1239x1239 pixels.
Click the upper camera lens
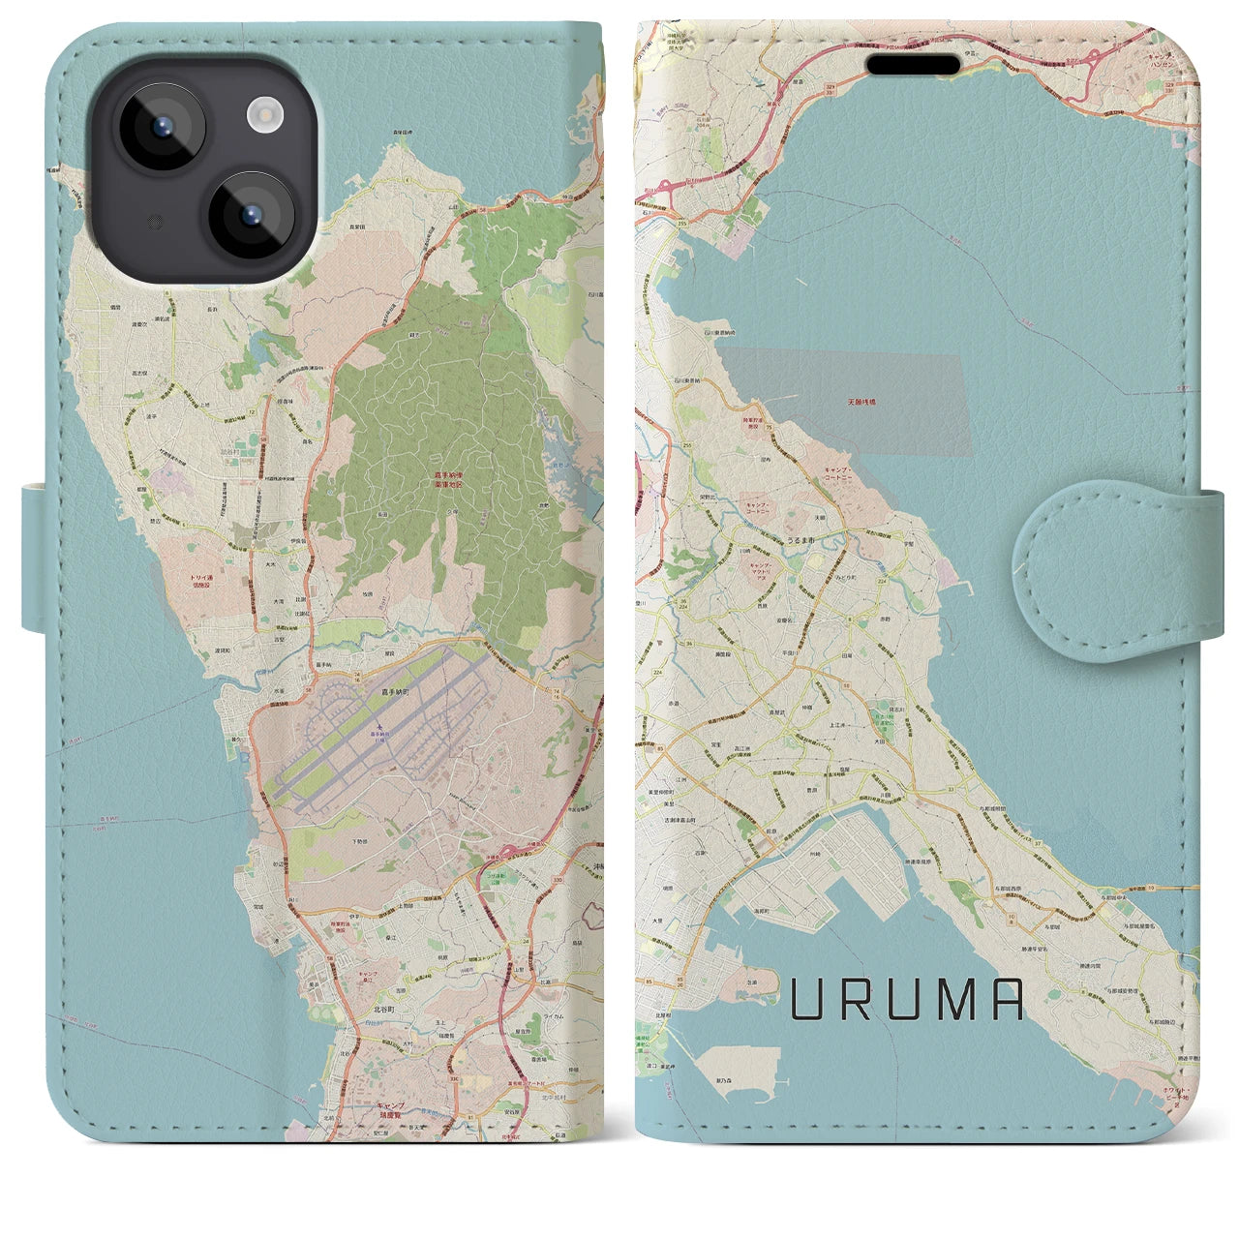162,128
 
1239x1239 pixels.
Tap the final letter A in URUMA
1008,1000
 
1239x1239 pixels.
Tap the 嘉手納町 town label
395,693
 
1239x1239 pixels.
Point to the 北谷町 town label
386,1008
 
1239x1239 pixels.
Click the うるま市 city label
801,540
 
